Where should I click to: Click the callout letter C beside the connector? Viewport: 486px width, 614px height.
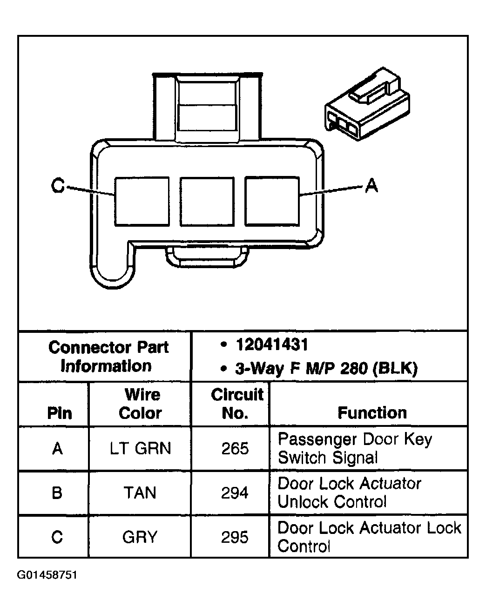[x=58, y=186]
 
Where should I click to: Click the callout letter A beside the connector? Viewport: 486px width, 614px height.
[x=371, y=186]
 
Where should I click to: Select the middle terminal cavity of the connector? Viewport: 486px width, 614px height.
[x=207, y=201]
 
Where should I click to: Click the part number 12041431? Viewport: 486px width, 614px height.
[x=272, y=345]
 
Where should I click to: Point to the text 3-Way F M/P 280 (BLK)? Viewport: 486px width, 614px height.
[x=326, y=369]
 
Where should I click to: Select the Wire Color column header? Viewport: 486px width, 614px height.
[x=141, y=404]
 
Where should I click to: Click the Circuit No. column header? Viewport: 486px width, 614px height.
[x=236, y=404]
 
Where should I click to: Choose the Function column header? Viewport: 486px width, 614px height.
[x=372, y=413]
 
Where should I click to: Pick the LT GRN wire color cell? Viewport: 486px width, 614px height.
[x=141, y=448]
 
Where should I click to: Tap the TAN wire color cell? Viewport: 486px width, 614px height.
[x=140, y=493]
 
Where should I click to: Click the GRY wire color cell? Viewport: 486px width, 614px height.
[x=140, y=537]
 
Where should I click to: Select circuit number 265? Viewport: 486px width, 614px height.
[x=235, y=448]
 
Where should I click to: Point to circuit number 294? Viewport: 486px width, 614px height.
[x=235, y=493]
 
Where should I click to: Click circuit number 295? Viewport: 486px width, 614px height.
[x=235, y=537]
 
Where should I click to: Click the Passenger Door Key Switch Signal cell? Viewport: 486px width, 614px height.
[x=355, y=448]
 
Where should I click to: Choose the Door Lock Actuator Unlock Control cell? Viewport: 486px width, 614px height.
[x=349, y=493]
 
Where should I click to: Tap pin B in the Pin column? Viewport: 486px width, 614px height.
[x=57, y=493]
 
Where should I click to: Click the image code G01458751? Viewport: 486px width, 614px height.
[x=47, y=575]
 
